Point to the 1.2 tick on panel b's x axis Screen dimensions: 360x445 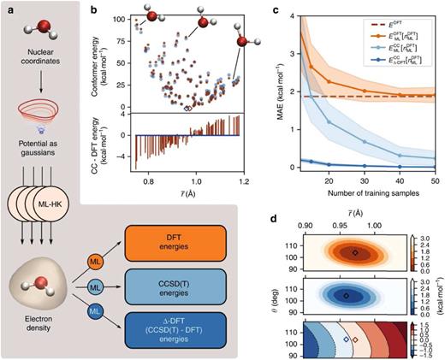pyautogui.click(x=245, y=181)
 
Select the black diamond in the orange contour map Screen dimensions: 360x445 pyautogui.click(x=355, y=252)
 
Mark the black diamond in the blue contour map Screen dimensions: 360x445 pyautogui.click(x=346, y=295)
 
